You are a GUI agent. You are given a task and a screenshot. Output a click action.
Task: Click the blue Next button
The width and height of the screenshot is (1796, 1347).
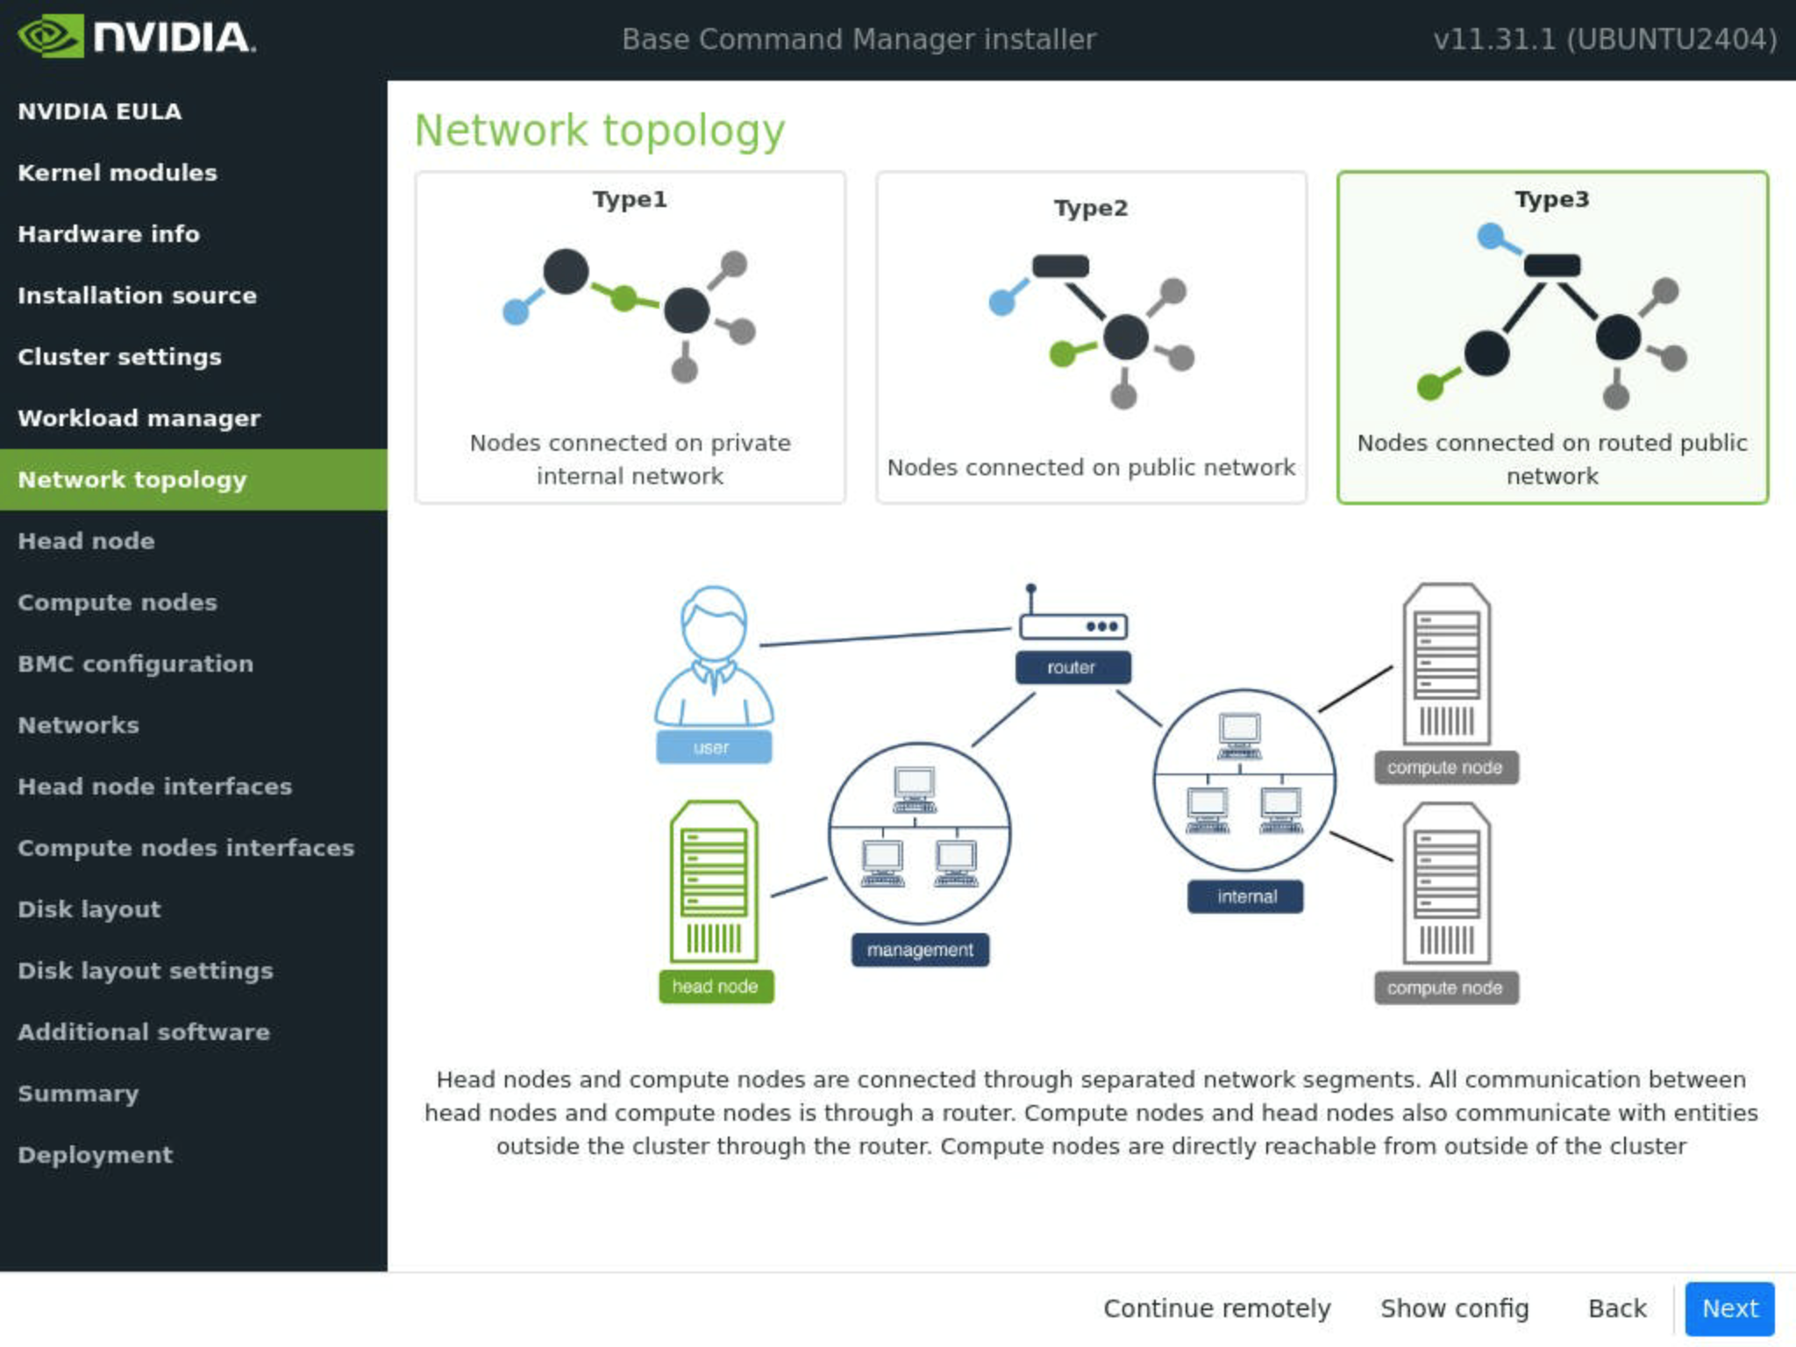[1729, 1308]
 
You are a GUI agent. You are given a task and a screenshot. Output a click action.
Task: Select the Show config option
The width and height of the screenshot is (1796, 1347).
[1454, 1308]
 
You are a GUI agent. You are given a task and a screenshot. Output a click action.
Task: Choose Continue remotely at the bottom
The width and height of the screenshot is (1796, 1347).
[1216, 1308]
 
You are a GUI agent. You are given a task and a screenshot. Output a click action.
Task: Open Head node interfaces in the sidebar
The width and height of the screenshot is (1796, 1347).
[155, 787]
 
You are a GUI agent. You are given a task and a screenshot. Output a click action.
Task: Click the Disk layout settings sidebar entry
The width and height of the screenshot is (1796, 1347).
[146, 971]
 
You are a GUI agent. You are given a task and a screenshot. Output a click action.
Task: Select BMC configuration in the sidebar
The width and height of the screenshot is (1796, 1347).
[136, 664]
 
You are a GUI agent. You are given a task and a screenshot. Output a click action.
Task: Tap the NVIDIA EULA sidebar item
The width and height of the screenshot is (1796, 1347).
[100, 111]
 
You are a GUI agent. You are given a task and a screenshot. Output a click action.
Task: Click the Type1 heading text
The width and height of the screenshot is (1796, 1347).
[630, 200]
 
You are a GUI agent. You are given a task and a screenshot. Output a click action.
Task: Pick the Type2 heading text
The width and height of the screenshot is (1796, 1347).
[1091, 209]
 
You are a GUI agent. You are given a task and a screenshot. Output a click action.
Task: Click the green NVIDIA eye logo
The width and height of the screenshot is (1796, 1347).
[50, 37]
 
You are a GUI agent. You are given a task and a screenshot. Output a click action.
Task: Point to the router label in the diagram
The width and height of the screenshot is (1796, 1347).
[1073, 667]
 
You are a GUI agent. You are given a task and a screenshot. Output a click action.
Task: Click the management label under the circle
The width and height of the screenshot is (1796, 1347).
[920, 950]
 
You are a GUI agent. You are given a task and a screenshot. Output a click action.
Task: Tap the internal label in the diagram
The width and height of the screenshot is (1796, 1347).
[1245, 896]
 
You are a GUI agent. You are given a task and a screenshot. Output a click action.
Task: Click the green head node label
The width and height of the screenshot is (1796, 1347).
[716, 987]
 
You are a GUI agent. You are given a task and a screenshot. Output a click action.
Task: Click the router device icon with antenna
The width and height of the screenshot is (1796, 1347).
[1073, 617]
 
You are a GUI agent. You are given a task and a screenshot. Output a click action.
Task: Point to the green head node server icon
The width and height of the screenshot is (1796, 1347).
[714, 881]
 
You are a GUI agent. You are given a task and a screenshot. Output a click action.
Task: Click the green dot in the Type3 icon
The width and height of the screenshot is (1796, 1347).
[1430, 386]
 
